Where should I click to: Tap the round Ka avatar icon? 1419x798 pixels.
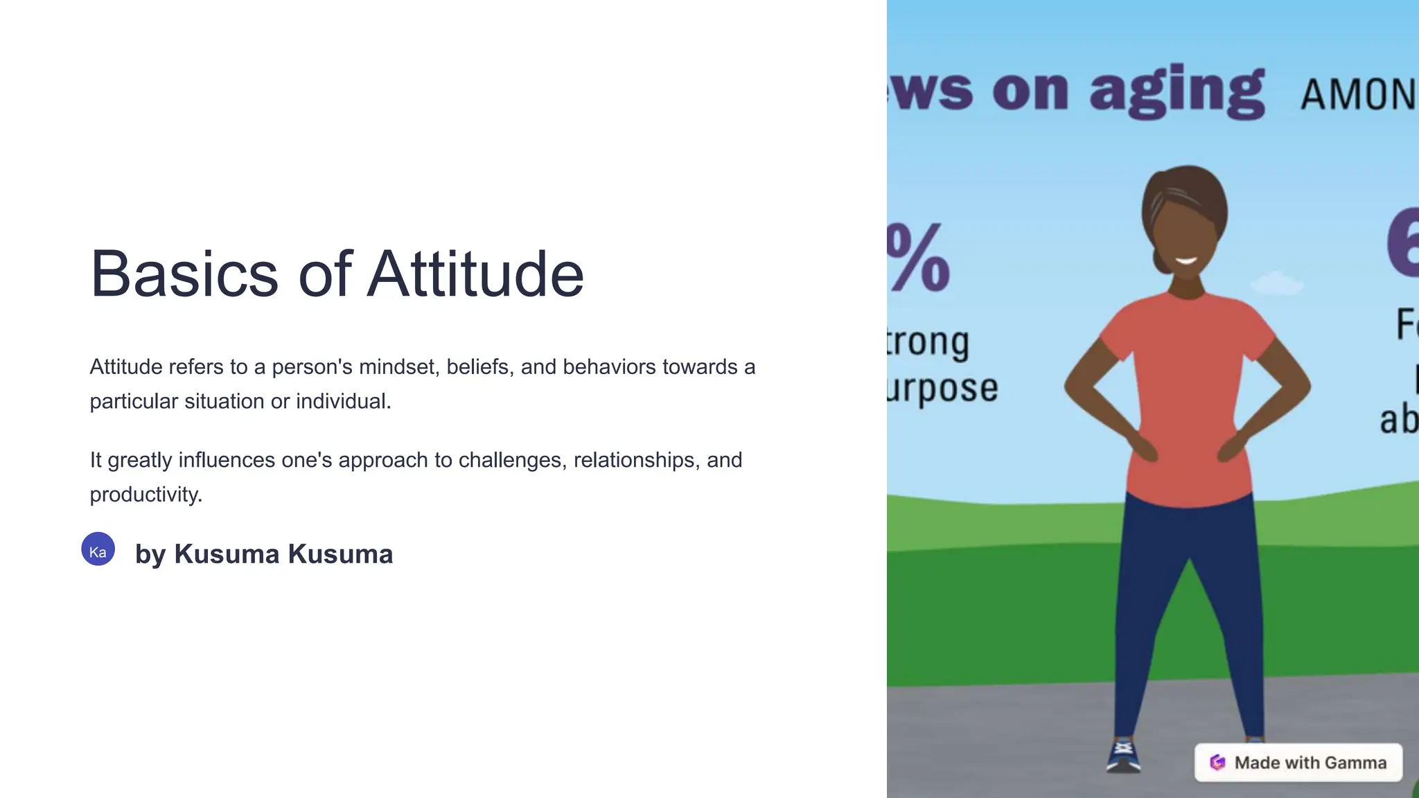coord(98,549)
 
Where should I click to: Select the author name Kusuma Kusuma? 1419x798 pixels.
coord(283,554)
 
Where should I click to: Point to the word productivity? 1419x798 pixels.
coord(146,495)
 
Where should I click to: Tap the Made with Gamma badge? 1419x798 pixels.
coord(1298,763)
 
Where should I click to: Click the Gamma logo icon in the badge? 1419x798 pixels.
coord(1217,763)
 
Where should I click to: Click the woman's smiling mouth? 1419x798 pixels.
coord(1186,261)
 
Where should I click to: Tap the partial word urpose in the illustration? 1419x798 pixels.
coord(943,388)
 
